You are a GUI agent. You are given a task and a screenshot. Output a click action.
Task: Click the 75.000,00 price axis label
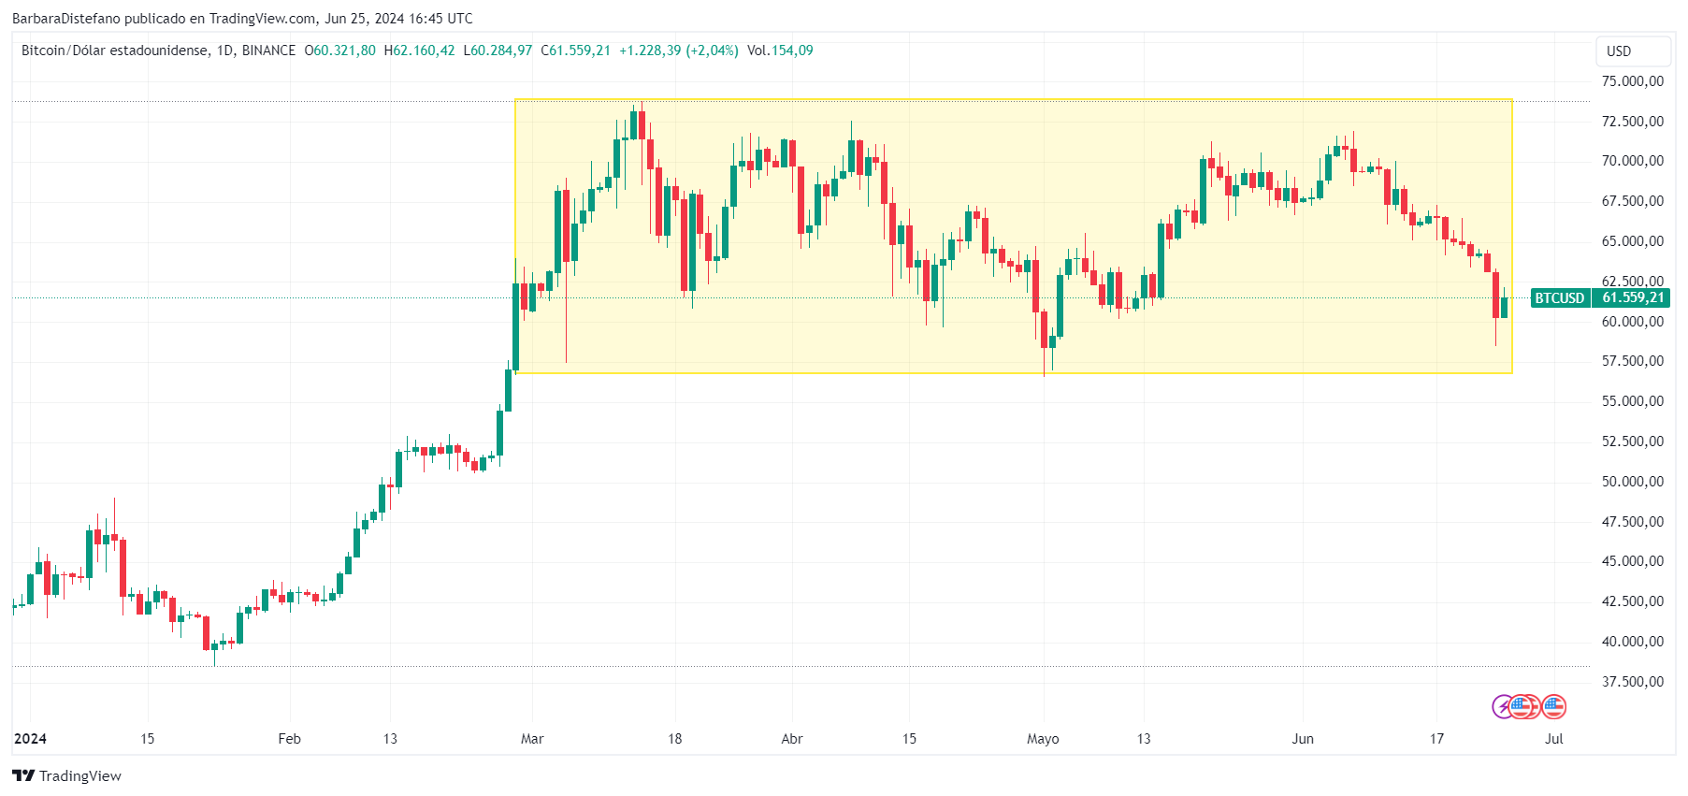coord(1632,81)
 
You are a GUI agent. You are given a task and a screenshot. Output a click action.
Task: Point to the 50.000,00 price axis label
coord(1632,482)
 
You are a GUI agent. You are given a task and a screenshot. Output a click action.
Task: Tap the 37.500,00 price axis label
coord(1632,682)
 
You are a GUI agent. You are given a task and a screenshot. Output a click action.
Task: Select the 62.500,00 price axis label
coord(1632,281)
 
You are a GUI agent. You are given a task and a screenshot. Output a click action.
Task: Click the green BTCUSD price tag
coord(1559,298)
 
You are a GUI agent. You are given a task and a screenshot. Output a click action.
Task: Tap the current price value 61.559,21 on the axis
coord(1633,298)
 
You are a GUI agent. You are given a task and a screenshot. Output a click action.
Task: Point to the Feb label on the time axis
coord(290,739)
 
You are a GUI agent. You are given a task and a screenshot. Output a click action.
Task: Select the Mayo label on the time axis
coord(1043,739)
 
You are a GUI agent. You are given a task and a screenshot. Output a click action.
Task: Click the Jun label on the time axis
coord(1303,739)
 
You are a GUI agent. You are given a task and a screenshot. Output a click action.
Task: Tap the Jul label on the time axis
coord(1553,739)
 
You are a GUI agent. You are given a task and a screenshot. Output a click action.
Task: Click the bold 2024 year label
coord(30,739)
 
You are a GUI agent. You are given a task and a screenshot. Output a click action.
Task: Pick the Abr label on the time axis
coord(792,739)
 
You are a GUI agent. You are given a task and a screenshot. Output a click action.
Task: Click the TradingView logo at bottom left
coord(66,776)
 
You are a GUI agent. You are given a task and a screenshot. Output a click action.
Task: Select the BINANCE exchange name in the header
coord(268,51)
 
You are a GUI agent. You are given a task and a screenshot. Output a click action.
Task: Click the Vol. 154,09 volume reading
coord(780,51)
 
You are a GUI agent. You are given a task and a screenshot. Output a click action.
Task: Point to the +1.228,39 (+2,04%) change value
coord(679,51)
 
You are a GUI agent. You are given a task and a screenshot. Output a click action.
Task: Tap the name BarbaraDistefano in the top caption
coord(66,19)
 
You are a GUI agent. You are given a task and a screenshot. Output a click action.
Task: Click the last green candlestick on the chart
coord(1505,308)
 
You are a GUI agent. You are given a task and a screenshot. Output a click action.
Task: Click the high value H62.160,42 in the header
coord(420,51)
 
